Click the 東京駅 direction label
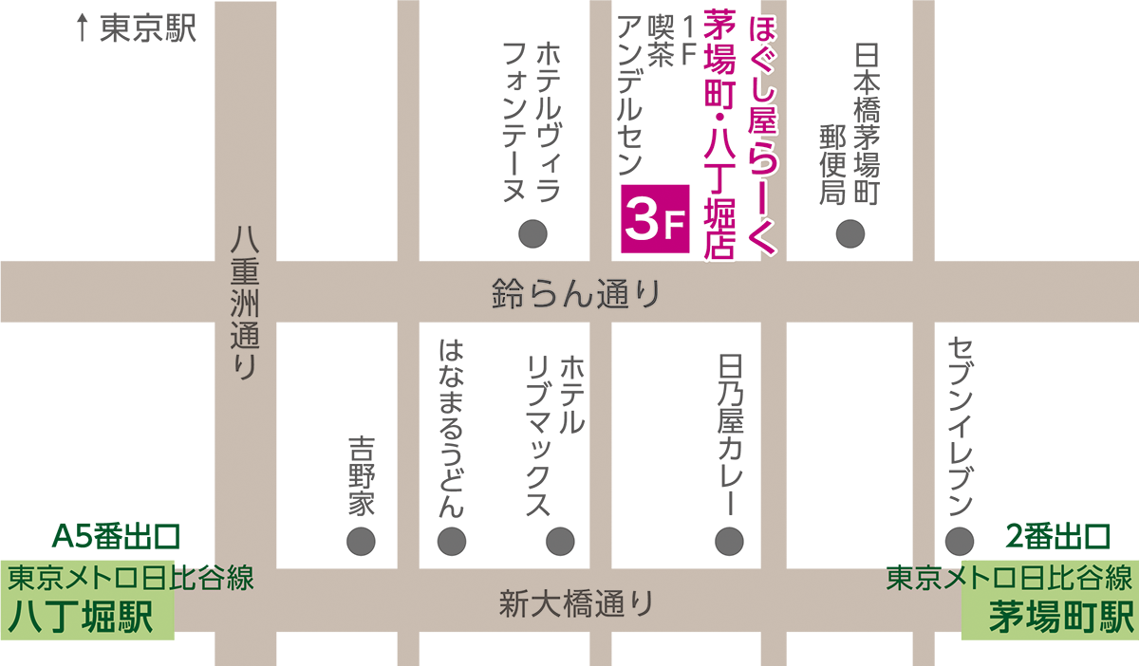tap(147, 28)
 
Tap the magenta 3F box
tap(654, 218)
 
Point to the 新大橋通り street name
tap(576, 602)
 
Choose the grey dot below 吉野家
tap(361, 541)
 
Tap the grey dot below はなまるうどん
tap(451, 541)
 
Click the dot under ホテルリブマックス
tap(559, 541)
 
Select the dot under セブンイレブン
tap(959, 540)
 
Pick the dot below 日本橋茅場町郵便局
tap(850, 232)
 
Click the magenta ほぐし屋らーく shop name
tap(762, 133)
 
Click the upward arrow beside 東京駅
tap(83, 29)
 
